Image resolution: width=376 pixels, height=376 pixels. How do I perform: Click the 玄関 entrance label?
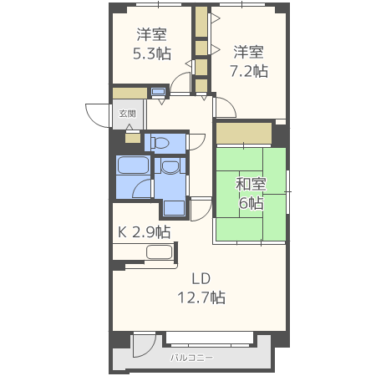(x=127, y=114)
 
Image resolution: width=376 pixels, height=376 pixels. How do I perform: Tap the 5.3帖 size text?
(x=152, y=53)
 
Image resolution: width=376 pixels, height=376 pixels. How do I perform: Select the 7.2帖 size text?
(x=249, y=71)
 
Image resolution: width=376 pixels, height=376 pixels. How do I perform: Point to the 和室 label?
(x=251, y=184)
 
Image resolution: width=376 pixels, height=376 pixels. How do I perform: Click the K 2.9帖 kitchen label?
(x=145, y=232)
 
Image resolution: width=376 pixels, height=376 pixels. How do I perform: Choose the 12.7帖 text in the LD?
(x=201, y=297)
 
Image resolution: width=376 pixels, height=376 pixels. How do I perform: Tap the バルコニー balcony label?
(x=192, y=358)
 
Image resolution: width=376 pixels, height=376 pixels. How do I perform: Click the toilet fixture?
(x=160, y=143)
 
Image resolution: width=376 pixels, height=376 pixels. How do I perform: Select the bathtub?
(x=133, y=165)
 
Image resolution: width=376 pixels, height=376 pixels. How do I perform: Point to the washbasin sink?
(x=170, y=166)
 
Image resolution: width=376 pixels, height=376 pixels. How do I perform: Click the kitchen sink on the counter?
(x=159, y=252)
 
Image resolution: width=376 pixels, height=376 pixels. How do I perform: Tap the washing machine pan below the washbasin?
(x=174, y=208)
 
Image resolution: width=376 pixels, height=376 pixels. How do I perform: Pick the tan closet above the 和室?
(x=244, y=134)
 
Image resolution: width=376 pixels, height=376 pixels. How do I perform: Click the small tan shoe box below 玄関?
(x=133, y=139)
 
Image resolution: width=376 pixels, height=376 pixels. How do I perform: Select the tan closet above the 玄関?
(x=130, y=94)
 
